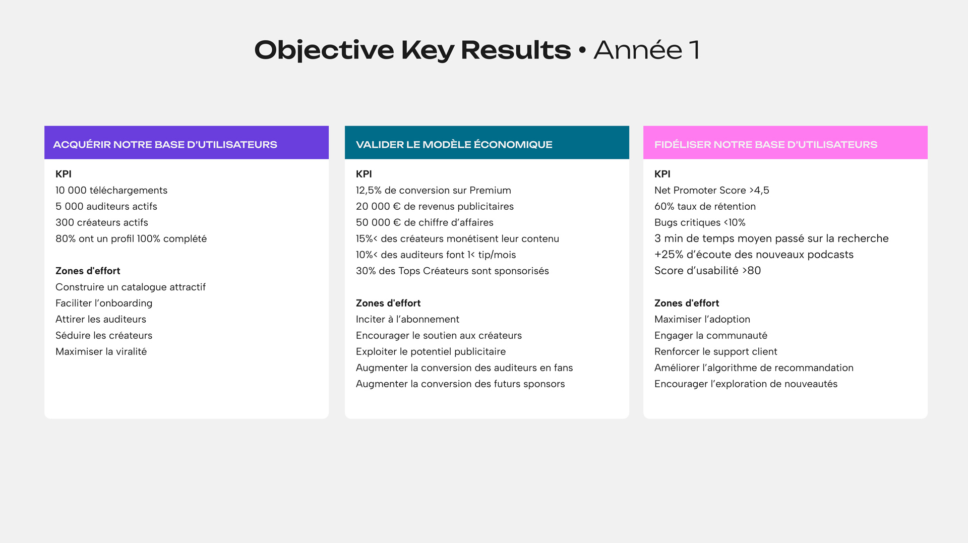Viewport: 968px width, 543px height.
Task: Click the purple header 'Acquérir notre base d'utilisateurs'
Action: (x=187, y=143)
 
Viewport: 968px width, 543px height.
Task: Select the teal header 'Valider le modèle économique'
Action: (x=487, y=143)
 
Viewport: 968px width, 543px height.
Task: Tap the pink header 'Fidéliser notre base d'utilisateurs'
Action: (x=785, y=143)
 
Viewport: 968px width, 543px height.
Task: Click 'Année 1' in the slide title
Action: (x=647, y=50)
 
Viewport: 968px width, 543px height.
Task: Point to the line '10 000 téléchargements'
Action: (x=111, y=190)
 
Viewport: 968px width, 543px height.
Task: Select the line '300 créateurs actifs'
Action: (x=102, y=222)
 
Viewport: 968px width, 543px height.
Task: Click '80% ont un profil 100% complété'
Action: (x=131, y=238)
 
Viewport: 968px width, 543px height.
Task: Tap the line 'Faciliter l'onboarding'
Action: (x=104, y=303)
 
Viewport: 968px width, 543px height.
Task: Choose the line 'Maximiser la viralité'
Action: (x=101, y=351)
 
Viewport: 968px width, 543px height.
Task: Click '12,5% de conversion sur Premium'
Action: (x=434, y=190)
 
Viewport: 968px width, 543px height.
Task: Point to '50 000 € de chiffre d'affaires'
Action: (x=425, y=222)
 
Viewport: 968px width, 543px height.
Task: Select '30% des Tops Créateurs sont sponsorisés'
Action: (x=452, y=271)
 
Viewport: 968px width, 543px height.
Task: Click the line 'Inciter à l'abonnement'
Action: (x=407, y=319)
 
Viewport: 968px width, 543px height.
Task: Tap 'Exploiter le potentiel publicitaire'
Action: (x=431, y=351)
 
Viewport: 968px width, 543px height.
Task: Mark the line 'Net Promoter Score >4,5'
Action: (x=712, y=190)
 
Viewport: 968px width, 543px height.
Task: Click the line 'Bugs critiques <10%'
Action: (x=700, y=222)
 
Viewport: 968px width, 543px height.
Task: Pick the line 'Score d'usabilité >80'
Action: (x=708, y=271)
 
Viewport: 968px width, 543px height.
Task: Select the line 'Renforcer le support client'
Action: (x=716, y=351)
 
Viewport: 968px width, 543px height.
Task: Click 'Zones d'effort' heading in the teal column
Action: (x=388, y=303)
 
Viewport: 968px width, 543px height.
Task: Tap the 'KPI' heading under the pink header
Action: (x=662, y=174)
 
